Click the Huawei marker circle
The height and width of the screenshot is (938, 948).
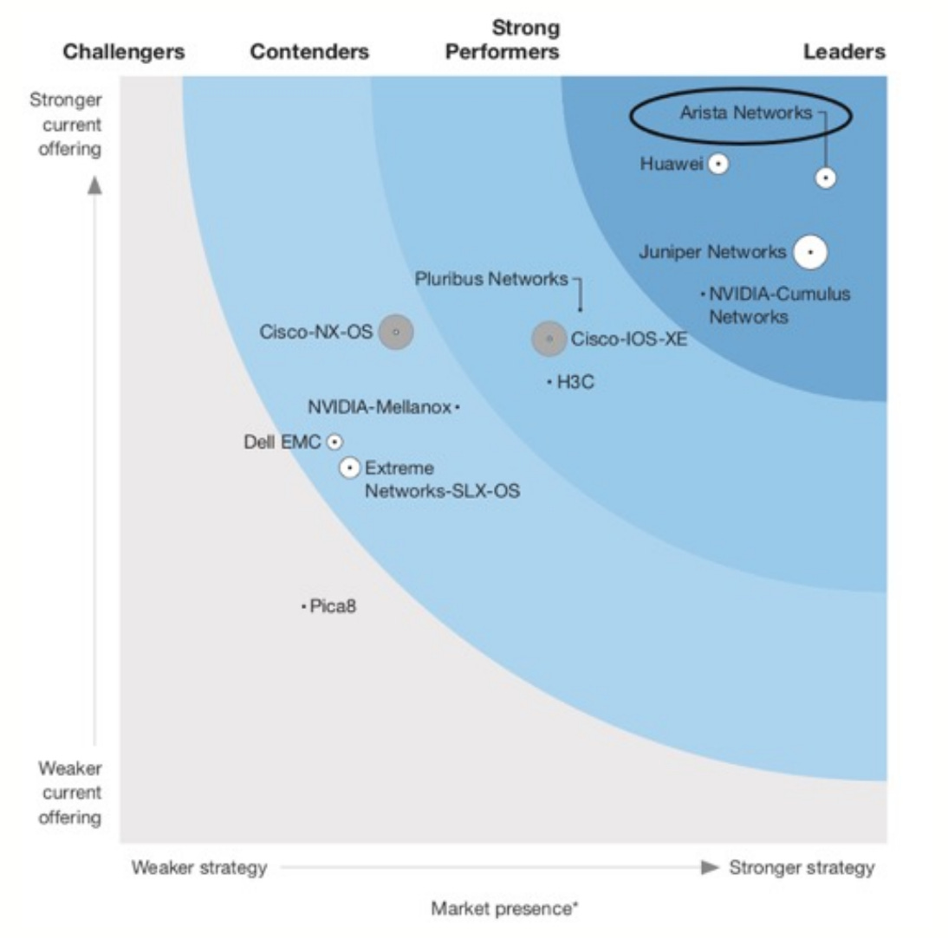718,164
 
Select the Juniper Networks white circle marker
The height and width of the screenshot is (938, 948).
810,252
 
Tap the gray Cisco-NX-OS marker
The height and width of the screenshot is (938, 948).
396,332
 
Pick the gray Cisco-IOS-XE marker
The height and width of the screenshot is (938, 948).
549,339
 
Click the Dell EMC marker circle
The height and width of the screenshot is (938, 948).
334,443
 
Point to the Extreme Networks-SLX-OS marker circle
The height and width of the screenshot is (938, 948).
350,468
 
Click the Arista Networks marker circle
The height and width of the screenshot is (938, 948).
826,178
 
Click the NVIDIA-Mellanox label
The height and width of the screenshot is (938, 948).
380,406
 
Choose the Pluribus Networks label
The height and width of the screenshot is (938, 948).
491,279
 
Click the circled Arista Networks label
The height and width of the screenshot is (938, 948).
745,113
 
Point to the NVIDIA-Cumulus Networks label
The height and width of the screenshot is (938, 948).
779,305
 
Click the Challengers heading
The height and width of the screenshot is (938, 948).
124,52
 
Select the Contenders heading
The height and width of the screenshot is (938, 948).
309,52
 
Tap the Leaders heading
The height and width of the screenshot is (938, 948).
844,52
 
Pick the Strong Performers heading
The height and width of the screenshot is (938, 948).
503,40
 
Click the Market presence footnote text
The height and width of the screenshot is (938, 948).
505,909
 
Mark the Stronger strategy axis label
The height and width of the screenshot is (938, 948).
802,867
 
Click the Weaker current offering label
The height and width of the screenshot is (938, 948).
69,792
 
